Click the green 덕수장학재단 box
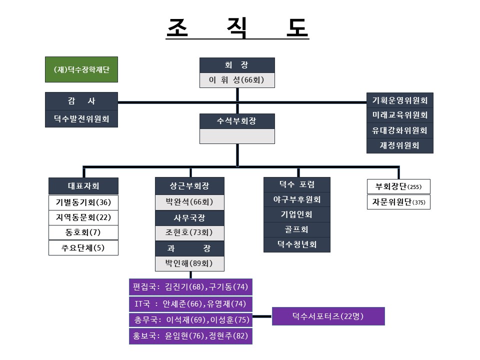point(81,69)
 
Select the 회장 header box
point(237,65)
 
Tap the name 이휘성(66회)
point(237,80)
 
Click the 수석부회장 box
point(237,121)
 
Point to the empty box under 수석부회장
point(237,136)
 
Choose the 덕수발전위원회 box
point(81,119)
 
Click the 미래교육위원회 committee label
point(400,115)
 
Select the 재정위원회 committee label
point(400,145)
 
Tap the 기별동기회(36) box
point(83,202)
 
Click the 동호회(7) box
point(83,232)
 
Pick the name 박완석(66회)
point(189,202)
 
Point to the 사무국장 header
point(189,218)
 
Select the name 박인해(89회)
point(189,263)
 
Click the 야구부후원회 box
point(297,199)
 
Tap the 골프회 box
point(297,229)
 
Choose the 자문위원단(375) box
point(398,202)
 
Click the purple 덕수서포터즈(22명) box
point(328,316)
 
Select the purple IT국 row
point(190,304)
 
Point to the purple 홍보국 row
point(190,336)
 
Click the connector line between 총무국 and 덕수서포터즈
point(262,316)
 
